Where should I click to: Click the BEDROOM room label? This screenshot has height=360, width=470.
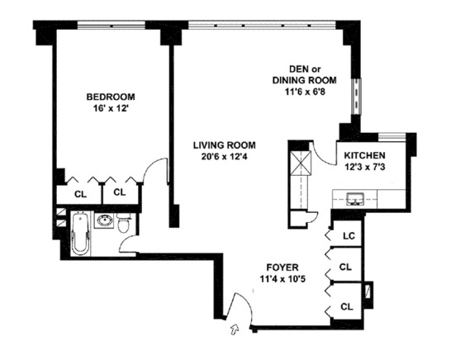(112, 97)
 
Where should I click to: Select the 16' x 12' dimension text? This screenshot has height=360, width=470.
(112, 108)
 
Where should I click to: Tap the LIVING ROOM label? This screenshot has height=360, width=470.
(213, 142)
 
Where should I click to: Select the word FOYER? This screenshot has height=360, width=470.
(282, 268)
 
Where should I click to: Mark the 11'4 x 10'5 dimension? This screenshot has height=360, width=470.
(282, 279)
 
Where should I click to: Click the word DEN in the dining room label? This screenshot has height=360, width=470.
(299, 69)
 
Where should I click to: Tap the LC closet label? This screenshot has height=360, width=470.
(349, 235)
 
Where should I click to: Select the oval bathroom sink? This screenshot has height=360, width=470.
(105, 221)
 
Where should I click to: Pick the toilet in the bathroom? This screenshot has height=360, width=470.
(125, 223)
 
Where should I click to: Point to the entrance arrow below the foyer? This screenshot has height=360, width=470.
(234, 330)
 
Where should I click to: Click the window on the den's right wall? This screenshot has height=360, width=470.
(356, 95)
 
